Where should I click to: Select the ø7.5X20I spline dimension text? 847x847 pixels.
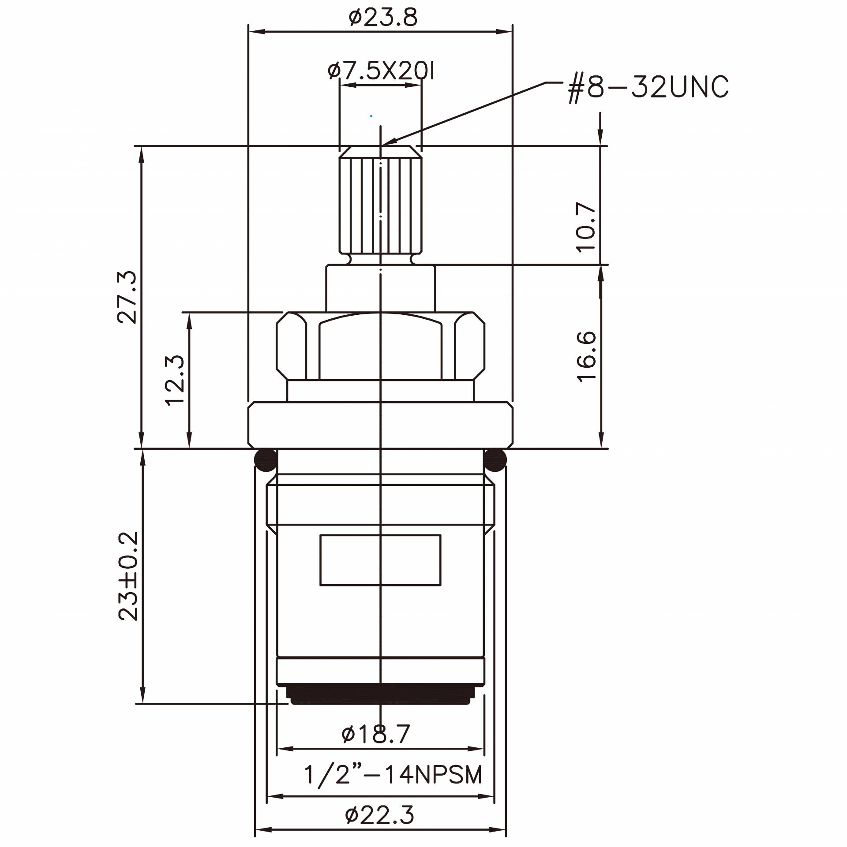381,71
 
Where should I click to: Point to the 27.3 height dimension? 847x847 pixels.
127,298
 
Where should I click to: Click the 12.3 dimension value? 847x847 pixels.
175,380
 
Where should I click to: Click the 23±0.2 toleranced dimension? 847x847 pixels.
128,576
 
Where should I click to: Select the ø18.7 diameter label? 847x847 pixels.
376,734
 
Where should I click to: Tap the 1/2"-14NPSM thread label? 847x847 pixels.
393,775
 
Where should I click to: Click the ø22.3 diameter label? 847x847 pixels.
380,815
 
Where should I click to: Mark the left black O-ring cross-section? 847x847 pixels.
266,460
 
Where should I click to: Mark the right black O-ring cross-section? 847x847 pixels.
495,460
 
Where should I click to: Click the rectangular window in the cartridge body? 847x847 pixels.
380,560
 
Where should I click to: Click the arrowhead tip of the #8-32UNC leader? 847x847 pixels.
383,145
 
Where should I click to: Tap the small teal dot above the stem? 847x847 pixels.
371,116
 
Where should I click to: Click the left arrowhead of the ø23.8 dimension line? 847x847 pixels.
251,32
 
